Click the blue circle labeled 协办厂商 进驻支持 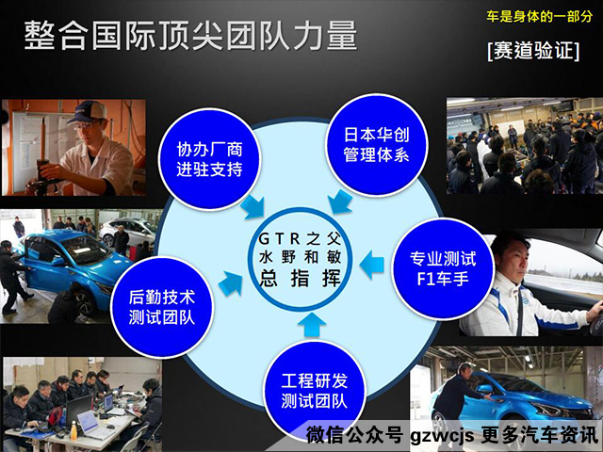click(x=210, y=158)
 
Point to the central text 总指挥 click(x=301, y=277)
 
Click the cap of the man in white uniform click(x=84, y=112)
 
